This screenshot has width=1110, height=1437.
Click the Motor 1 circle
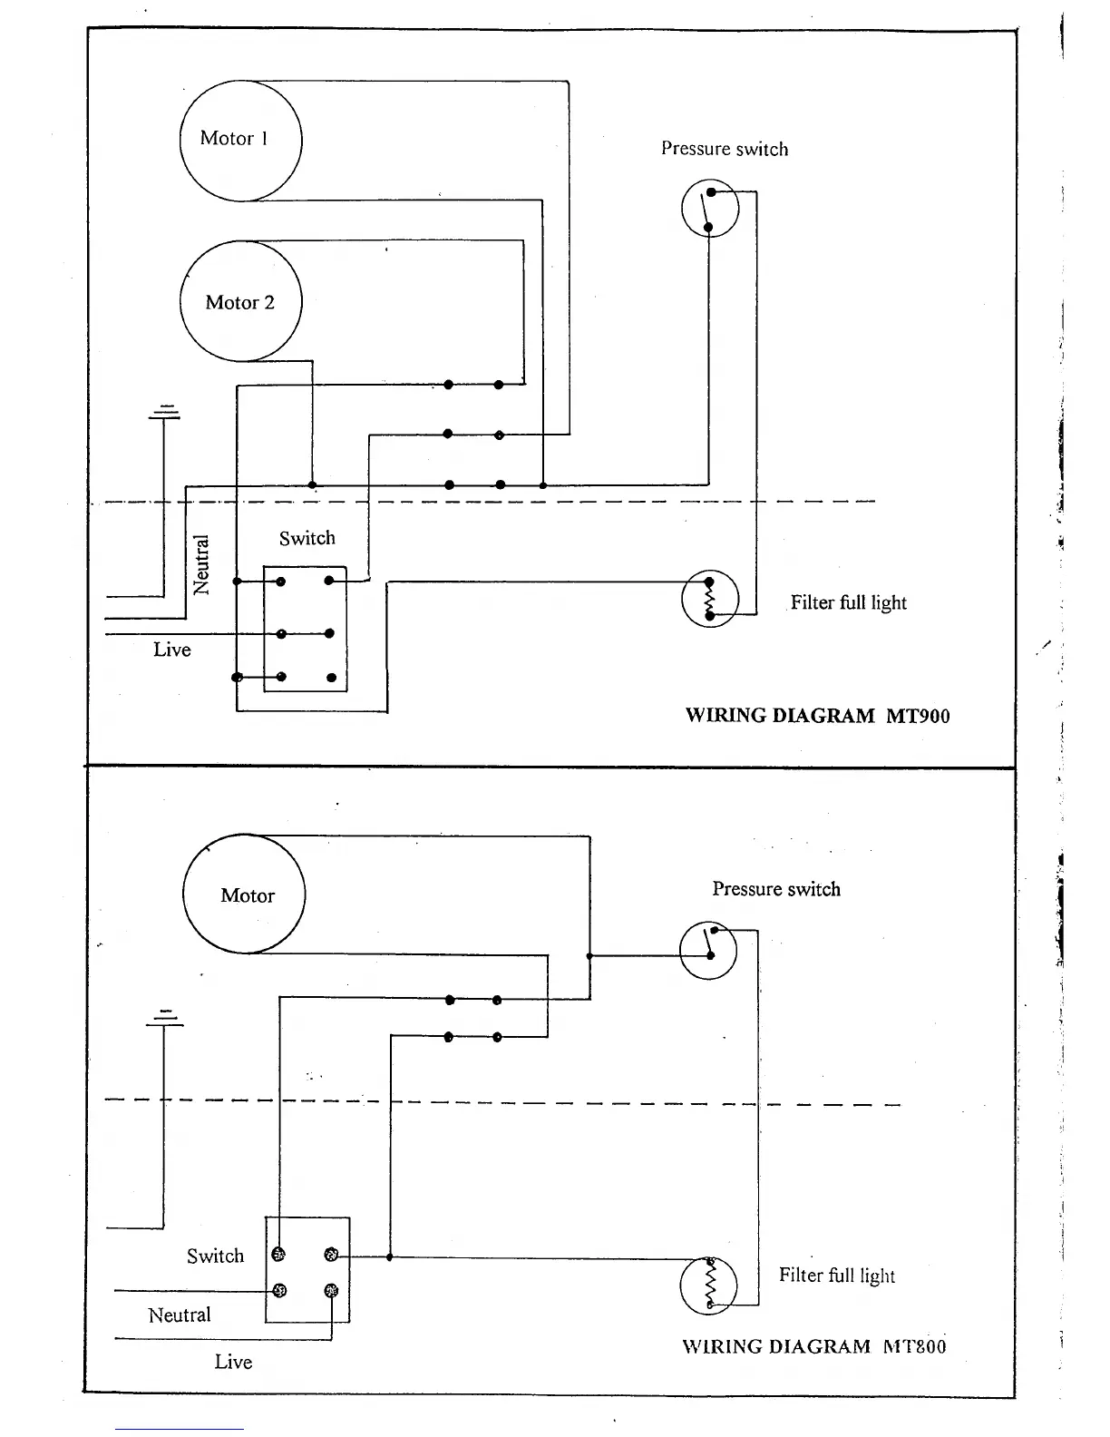(240, 141)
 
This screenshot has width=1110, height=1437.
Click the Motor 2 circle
(240, 301)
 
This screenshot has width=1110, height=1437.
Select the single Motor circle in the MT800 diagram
(244, 894)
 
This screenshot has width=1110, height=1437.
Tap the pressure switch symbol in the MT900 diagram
(710, 209)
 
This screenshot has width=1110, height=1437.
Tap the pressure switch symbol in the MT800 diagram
(708, 950)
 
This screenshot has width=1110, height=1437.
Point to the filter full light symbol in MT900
(710, 599)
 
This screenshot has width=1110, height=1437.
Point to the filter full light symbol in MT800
(708, 1285)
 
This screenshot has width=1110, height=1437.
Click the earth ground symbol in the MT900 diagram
(165, 412)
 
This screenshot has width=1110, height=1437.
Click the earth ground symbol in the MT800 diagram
(165, 1019)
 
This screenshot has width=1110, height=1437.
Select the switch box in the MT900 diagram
(306, 629)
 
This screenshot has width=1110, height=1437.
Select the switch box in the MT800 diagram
(307, 1270)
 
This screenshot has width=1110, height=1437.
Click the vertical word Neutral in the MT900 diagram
(201, 565)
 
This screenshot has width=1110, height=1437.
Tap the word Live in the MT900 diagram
(172, 650)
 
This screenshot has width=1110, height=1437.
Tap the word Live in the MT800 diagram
(233, 1361)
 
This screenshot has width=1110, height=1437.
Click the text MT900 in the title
(918, 716)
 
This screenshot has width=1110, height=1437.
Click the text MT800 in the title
(914, 1346)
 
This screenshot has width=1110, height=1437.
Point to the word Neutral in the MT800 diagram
(180, 1315)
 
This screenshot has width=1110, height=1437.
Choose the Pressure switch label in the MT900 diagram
(725, 149)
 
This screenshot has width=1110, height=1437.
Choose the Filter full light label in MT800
(837, 1276)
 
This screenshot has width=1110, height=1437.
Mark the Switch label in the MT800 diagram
(216, 1256)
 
